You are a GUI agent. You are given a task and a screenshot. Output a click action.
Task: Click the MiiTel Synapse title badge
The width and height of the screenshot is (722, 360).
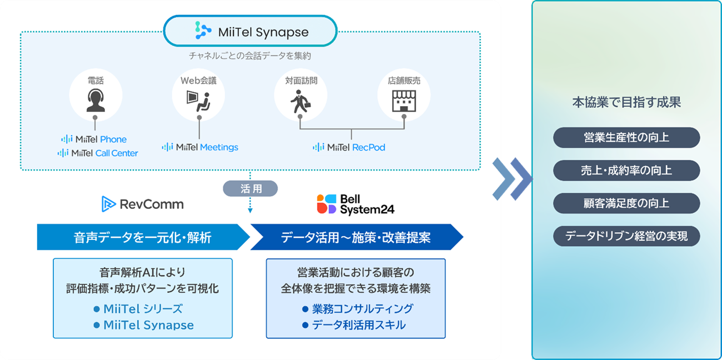[250, 31]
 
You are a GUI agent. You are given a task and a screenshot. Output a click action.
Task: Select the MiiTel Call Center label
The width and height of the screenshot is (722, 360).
[98, 153]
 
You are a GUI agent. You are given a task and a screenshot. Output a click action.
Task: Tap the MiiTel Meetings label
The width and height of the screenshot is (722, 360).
[200, 147]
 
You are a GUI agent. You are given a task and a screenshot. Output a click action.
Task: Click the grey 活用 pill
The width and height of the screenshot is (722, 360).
[250, 189]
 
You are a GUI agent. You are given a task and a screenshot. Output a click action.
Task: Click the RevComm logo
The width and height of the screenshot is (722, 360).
[143, 204]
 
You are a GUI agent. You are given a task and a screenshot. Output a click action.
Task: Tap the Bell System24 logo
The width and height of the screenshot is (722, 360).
[355, 204]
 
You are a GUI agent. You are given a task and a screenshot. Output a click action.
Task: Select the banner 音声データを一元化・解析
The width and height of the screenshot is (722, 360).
[143, 238]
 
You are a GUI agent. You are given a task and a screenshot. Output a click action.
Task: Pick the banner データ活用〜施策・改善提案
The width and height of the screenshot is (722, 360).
[355, 238]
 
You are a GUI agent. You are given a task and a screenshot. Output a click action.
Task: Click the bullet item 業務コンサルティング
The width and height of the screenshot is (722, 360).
[358, 309]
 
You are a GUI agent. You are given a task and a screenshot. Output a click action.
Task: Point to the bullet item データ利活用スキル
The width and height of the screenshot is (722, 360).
[354, 325]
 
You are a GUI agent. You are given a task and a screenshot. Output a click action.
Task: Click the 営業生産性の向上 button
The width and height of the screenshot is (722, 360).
[626, 138]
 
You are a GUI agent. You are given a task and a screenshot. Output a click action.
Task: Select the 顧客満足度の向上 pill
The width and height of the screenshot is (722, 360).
[626, 203]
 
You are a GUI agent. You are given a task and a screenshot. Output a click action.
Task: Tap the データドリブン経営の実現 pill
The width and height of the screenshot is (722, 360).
[626, 236]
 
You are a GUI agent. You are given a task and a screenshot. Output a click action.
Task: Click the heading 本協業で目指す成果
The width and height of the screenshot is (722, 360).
[626, 103]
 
